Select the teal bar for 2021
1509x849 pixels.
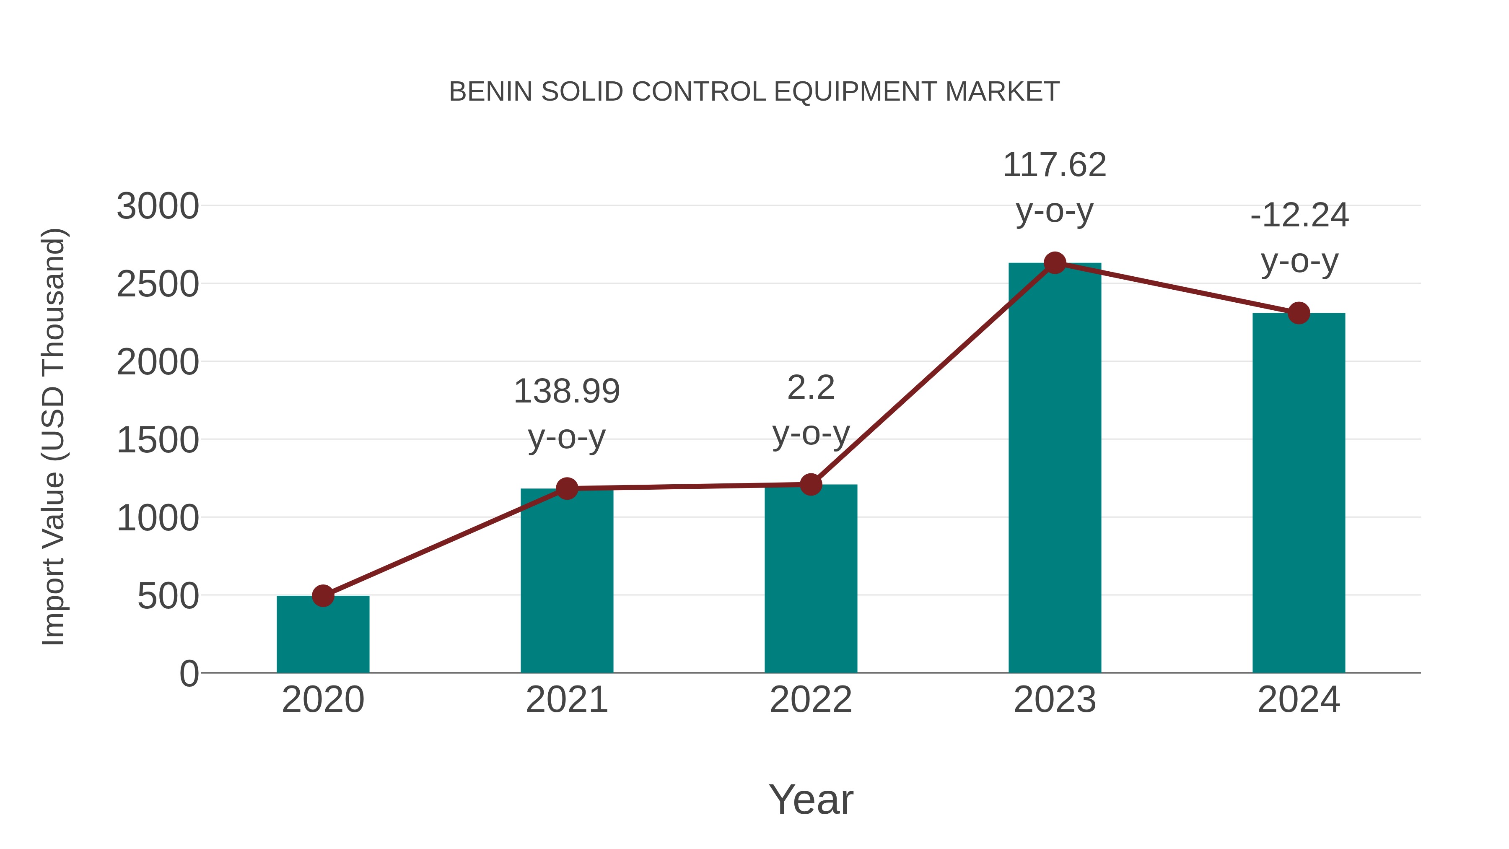[566, 583]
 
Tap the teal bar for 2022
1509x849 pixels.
[811, 580]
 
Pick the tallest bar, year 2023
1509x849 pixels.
[1055, 469]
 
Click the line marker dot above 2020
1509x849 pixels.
[323, 596]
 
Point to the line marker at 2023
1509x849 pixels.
[1055, 263]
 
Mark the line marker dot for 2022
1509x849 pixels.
[811, 485]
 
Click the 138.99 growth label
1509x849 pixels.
[566, 392]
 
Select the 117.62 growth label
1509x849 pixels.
[1055, 165]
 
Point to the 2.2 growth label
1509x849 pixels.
[811, 388]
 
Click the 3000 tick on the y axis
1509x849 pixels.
[158, 206]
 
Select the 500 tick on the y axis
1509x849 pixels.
[168, 597]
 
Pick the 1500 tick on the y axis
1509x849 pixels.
[158, 440]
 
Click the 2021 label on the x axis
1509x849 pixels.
[566, 700]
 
